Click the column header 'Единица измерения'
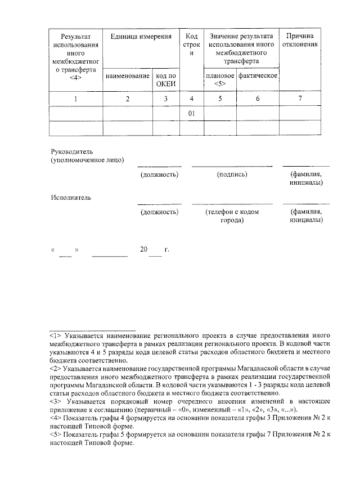pyautogui.click(x=141, y=37)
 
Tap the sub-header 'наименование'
pyautogui.click(x=128, y=75)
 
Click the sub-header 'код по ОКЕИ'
pyautogui.click(x=166, y=80)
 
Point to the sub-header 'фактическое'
pyautogui.click(x=258, y=75)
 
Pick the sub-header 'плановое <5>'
pyautogui.click(x=220, y=80)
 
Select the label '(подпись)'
pyautogui.click(x=232, y=175)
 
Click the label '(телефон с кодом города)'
pyautogui.click(x=232, y=216)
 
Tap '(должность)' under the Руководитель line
pyautogui.click(x=160, y=175)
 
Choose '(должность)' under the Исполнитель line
pyautogui.click(x=160, y=212)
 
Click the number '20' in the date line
pyautogui.click(x=145, y=249)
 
